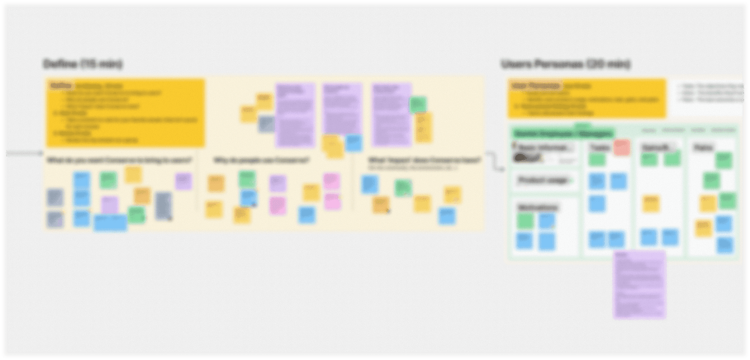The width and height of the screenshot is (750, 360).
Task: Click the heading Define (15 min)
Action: pos(83,64)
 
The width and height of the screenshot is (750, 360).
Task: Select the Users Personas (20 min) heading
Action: pos(565,64)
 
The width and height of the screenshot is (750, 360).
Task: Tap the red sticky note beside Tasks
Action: pos(622,147)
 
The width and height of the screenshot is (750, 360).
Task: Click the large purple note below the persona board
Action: pos(639,284)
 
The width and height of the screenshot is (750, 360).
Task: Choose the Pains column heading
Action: pos(703,148)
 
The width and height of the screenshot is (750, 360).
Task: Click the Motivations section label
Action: pos(538,207)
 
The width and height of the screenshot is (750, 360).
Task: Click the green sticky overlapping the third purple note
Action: pos(418,104)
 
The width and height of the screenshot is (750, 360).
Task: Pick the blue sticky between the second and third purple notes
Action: pos(353,143)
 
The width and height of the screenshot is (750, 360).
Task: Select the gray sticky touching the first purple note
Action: pos(266,123)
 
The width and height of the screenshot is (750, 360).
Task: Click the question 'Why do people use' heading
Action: pos(261,161)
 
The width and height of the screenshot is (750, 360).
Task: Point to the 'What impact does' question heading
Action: pos(424,161)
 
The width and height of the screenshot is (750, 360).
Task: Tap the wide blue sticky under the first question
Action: pos(110,223)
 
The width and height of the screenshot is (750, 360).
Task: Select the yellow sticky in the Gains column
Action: pos(651,204)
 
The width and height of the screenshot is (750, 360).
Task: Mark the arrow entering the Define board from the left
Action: pos(25,153)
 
